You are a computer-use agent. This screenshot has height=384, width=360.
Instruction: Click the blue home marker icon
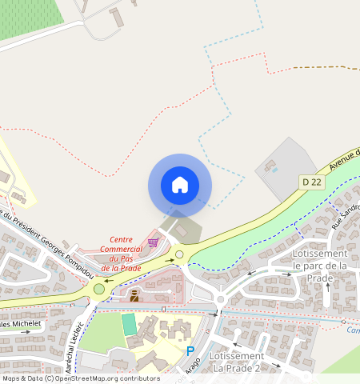pos(180,185)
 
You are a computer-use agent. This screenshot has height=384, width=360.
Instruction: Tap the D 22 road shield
pos(312,182)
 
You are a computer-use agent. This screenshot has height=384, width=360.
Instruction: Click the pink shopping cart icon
pos(153,242)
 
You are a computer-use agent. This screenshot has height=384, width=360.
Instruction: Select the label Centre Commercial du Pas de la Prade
pos(121,254)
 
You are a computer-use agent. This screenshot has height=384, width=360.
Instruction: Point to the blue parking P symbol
pos(190,351)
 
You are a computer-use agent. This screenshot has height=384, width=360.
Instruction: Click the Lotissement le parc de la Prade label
pos(319,266)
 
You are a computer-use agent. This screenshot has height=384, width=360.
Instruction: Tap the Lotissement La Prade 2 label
pos(236,362)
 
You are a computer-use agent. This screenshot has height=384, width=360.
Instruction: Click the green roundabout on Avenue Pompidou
pos(99,289)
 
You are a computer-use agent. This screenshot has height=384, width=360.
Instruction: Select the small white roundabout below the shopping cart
pos(179,255)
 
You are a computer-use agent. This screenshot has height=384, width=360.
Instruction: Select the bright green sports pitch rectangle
pos(129,324)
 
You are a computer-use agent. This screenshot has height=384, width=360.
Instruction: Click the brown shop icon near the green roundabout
pos(134,294)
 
